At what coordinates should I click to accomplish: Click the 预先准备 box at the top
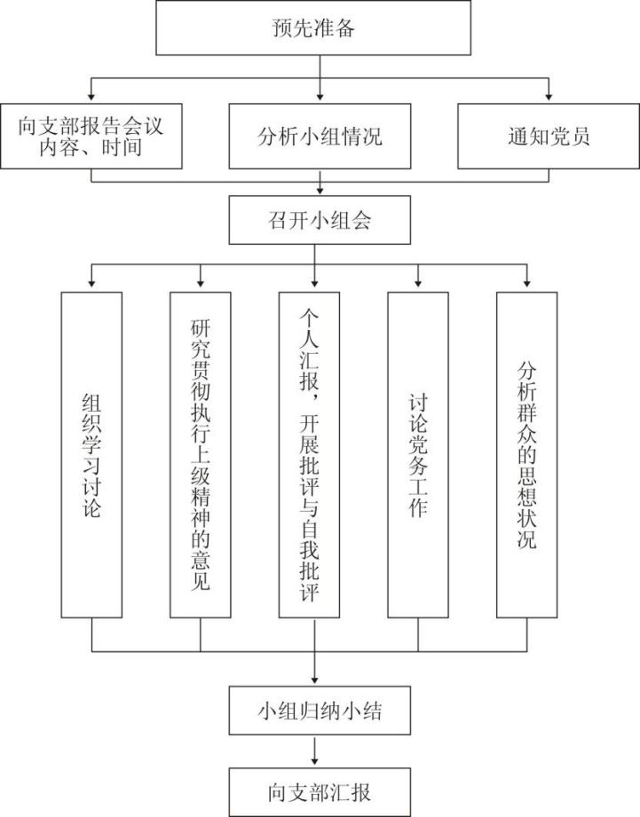[x=313, y=27]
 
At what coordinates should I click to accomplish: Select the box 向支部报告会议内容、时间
[x=91, y=136]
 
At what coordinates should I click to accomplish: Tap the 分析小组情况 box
[x=320, y=136]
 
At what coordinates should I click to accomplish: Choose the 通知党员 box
[x=549, y=136]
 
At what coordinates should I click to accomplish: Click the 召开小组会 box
[x=320, y=220]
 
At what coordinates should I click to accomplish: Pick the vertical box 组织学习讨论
[x=91, y=455]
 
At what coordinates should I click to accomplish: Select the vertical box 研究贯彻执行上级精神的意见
[x=201, y=455]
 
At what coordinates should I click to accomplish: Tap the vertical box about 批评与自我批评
[x=309, y=455]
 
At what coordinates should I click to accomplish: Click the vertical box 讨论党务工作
[x=418, y=455]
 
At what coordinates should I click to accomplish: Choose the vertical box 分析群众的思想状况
[x=527, y=455]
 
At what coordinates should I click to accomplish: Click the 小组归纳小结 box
[x=320, y=711]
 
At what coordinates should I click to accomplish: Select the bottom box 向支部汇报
[x=320, y=792]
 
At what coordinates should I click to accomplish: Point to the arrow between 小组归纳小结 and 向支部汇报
[x=314, y=750]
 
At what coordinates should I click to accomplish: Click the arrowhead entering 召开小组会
[x=320, y=192]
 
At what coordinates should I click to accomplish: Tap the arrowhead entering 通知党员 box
[x=549, y=97]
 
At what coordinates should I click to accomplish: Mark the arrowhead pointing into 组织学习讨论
[x=91, y=283]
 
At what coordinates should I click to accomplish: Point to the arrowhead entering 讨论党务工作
[x=418, y=283]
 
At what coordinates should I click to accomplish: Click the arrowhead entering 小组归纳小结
[x=314, y=680]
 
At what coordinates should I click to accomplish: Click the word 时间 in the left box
[x=122, y=147]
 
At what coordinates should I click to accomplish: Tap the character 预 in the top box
[x=282, y=27]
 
